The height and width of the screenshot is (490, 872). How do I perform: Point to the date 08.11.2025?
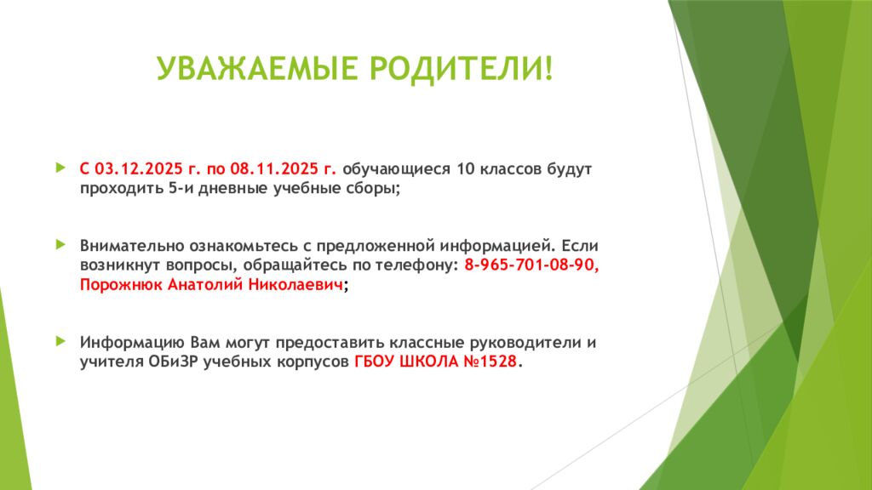point(272,168)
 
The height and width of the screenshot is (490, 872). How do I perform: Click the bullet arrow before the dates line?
point(60,168)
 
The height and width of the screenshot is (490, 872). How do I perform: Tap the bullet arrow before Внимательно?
point(60,244)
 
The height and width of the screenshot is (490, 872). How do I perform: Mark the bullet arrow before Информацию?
point(60,341)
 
